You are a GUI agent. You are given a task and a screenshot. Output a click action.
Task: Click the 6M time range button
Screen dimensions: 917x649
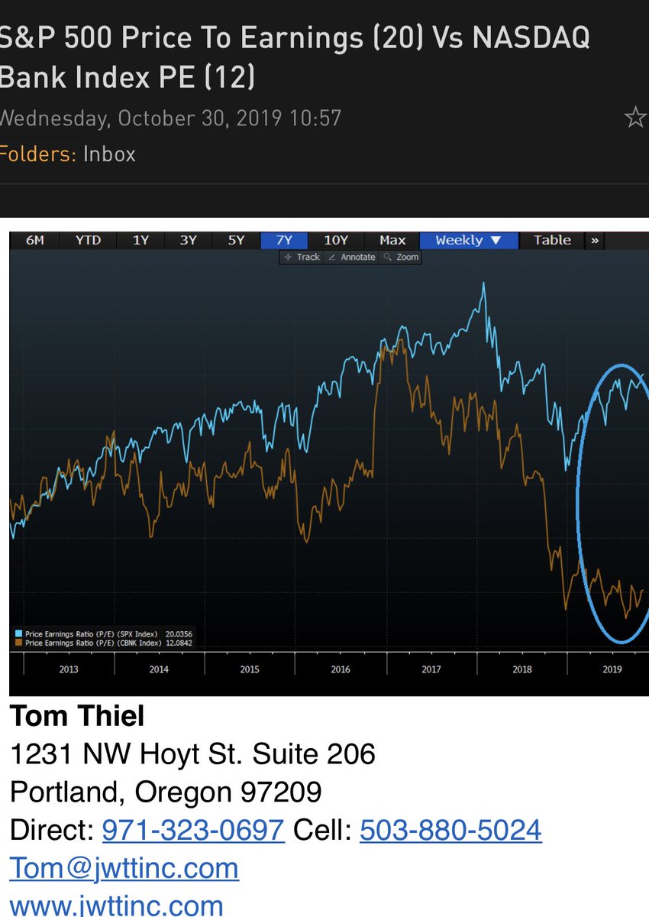tap(35, 240)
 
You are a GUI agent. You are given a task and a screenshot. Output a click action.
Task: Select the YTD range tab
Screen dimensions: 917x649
tap(88, 240)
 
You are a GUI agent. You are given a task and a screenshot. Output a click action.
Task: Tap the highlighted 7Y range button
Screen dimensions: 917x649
tap(284, 240)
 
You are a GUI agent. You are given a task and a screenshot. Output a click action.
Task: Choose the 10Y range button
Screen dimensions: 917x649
tap(336, 240)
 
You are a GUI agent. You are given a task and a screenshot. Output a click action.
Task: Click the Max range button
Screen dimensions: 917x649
tap(392, 240)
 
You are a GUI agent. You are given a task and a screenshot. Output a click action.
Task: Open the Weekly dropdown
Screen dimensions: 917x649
tap(468, 240)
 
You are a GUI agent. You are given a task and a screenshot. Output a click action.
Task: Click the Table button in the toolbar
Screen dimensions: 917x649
tap(552, 240)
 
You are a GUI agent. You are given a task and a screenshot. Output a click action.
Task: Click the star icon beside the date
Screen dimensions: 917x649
tap(634, 118)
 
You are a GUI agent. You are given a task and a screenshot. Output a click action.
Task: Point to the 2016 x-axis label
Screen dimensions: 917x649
tap(341, 669)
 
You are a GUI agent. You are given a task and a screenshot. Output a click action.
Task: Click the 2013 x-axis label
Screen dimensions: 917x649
tap(68, 669)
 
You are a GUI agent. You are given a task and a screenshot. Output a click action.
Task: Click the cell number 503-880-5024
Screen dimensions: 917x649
tap(450, 829)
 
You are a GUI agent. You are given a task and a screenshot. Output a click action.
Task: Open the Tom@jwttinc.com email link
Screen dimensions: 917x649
tap(124, 868)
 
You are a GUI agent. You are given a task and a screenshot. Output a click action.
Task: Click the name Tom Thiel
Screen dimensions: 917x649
tap(77, 716)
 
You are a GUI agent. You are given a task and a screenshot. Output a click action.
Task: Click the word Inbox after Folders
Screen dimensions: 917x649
tap(109, 154)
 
